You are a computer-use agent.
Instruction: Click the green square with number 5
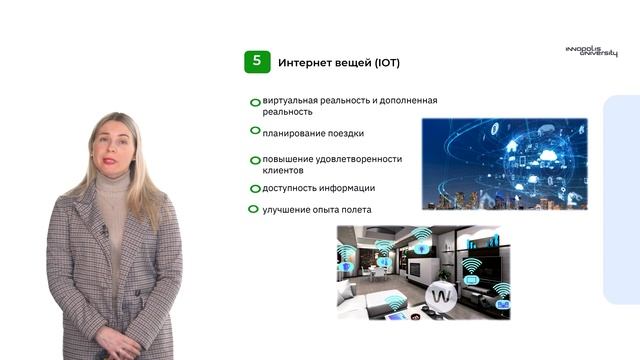coord(257,62)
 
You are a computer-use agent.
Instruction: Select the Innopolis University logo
coord(585,51)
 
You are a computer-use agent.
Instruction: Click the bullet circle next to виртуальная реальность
coord(256,102)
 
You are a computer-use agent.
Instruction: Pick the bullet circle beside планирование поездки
coord(256,131)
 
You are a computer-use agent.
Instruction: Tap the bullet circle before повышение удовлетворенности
coord(256,159)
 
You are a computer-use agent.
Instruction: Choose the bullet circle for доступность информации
coord(256,187)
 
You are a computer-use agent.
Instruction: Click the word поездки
coord(344,132)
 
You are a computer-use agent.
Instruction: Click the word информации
coord(347,188)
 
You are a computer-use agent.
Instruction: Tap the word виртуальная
coord(292,101)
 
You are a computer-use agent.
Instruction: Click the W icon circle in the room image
coord(442,296)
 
